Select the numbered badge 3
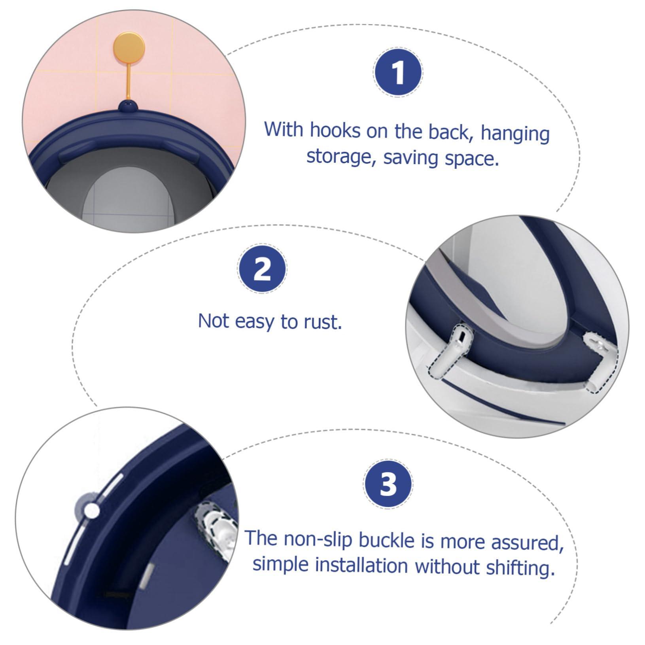point(388,485)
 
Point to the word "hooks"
point(335,130)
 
